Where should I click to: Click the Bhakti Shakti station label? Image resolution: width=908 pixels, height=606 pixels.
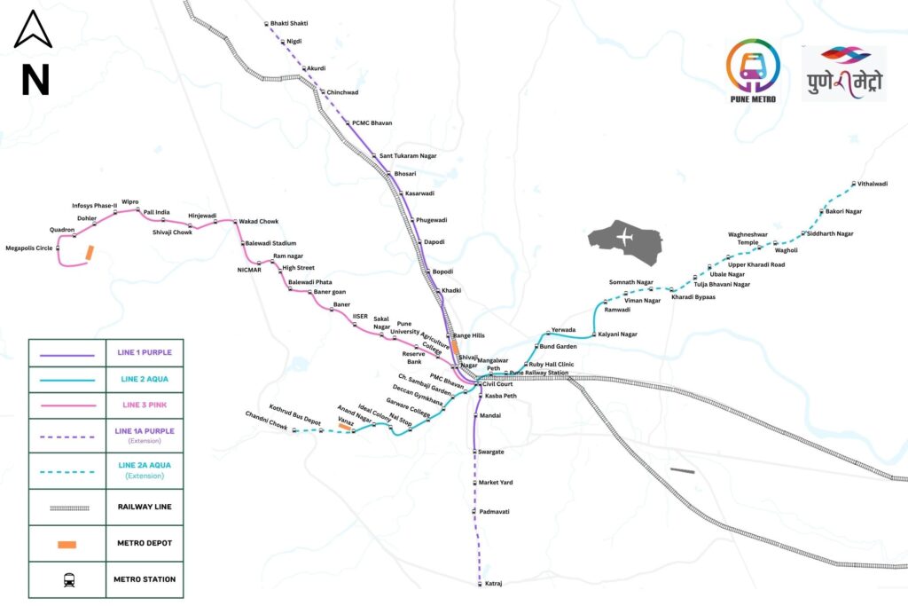289,24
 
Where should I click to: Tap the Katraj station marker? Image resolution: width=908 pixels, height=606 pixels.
480,584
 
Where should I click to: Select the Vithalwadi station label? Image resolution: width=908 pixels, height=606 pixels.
873,184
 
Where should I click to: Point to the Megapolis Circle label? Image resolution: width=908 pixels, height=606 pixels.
29,248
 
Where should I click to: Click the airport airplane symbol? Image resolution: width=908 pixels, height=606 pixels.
625,237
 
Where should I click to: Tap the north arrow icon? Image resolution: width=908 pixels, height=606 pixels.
33,29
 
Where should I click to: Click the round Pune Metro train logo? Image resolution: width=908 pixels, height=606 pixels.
753,66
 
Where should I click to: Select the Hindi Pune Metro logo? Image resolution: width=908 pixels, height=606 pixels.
845,74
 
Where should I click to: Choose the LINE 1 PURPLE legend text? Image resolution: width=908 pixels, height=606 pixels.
145,352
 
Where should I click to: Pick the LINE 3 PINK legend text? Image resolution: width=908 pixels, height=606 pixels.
145,405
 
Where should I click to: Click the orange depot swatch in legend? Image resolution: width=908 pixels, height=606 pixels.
67,544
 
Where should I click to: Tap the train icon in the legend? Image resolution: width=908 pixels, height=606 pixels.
69,580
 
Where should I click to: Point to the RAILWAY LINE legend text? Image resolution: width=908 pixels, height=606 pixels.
145,507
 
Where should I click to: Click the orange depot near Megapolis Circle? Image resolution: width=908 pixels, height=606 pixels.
90,253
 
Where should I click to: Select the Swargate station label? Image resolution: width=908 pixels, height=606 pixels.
491,452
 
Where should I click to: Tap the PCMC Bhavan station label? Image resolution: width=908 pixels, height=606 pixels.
372,123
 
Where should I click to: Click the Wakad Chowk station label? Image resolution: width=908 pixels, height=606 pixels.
259,221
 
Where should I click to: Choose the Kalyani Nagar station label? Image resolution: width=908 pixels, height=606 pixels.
618,334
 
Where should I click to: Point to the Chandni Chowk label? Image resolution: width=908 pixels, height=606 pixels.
266,420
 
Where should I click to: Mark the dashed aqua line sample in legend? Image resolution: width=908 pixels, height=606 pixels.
67,472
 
